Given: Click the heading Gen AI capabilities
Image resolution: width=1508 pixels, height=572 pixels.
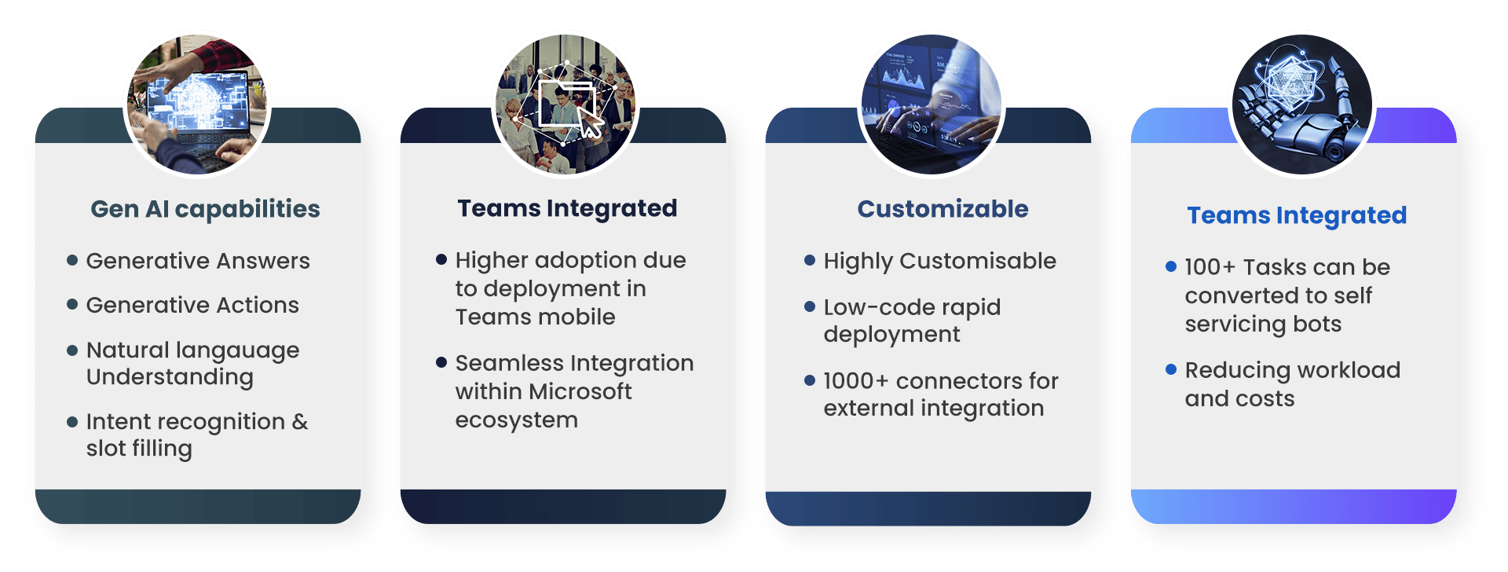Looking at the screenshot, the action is coord(205,209).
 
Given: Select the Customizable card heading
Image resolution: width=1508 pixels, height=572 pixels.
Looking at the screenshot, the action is coord(942,209).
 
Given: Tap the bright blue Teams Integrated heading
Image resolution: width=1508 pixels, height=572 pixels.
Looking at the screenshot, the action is coord(1297,215).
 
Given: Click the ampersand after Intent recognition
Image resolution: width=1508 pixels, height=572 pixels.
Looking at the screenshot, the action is coord(300,421).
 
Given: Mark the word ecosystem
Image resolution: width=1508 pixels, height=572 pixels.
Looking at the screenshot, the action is coord(516,420).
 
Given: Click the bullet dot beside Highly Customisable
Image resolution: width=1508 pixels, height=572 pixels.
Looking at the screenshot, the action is coord(810,260).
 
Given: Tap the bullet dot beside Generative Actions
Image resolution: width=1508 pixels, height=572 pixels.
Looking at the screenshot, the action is coord(72,304).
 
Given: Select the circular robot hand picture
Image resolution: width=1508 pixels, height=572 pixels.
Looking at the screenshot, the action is coord(1301,104).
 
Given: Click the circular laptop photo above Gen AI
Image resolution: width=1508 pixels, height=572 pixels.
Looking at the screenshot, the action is coord(197,104).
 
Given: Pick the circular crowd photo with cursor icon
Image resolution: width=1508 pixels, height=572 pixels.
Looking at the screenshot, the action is coord(565,104).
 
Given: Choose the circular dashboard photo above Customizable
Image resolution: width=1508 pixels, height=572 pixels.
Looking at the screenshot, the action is coord(932,104).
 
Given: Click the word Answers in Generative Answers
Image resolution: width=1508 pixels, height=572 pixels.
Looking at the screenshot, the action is coord(263,261).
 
